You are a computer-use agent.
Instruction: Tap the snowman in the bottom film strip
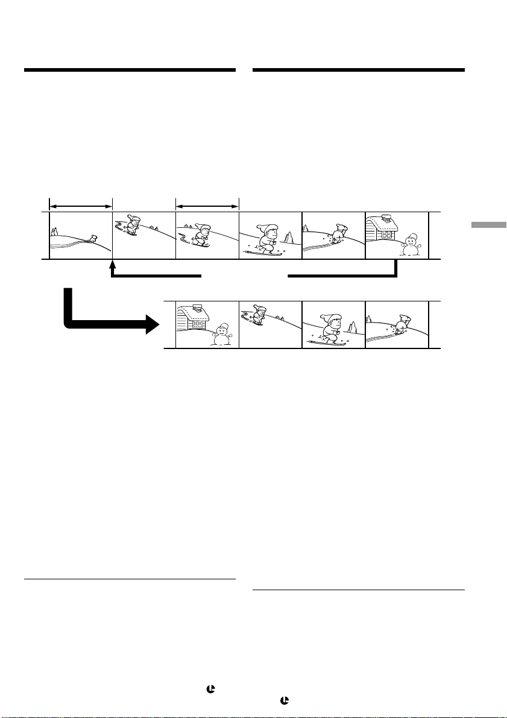[221, 335]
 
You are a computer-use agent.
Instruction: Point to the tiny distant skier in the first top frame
[93, 239]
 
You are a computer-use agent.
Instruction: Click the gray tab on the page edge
[488, 225]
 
